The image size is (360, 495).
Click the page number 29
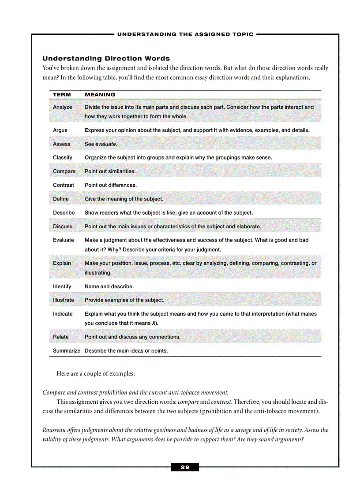pos(185,467)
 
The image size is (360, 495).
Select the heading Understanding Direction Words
pos(106,59)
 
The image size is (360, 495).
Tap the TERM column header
pos(62,95)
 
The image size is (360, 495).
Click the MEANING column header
pos(100,95)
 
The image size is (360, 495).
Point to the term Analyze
pos(62,107)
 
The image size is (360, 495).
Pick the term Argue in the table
pos(60,130)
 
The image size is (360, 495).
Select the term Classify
pos(63,158)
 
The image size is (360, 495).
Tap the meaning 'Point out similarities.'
pos(110,171)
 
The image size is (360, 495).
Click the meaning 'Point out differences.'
pos(110,185)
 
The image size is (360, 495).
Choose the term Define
pos(61,199)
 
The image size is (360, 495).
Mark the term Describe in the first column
pos(64,213)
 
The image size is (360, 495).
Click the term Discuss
pos(63,227)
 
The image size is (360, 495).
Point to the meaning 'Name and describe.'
pos(109,287)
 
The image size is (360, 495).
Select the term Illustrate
pos(64,300)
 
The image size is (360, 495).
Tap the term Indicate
pos(63,314)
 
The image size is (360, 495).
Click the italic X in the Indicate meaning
pos(154,323)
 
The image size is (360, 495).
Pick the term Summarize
pos(66,351)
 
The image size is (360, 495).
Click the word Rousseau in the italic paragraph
pos(54,430)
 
